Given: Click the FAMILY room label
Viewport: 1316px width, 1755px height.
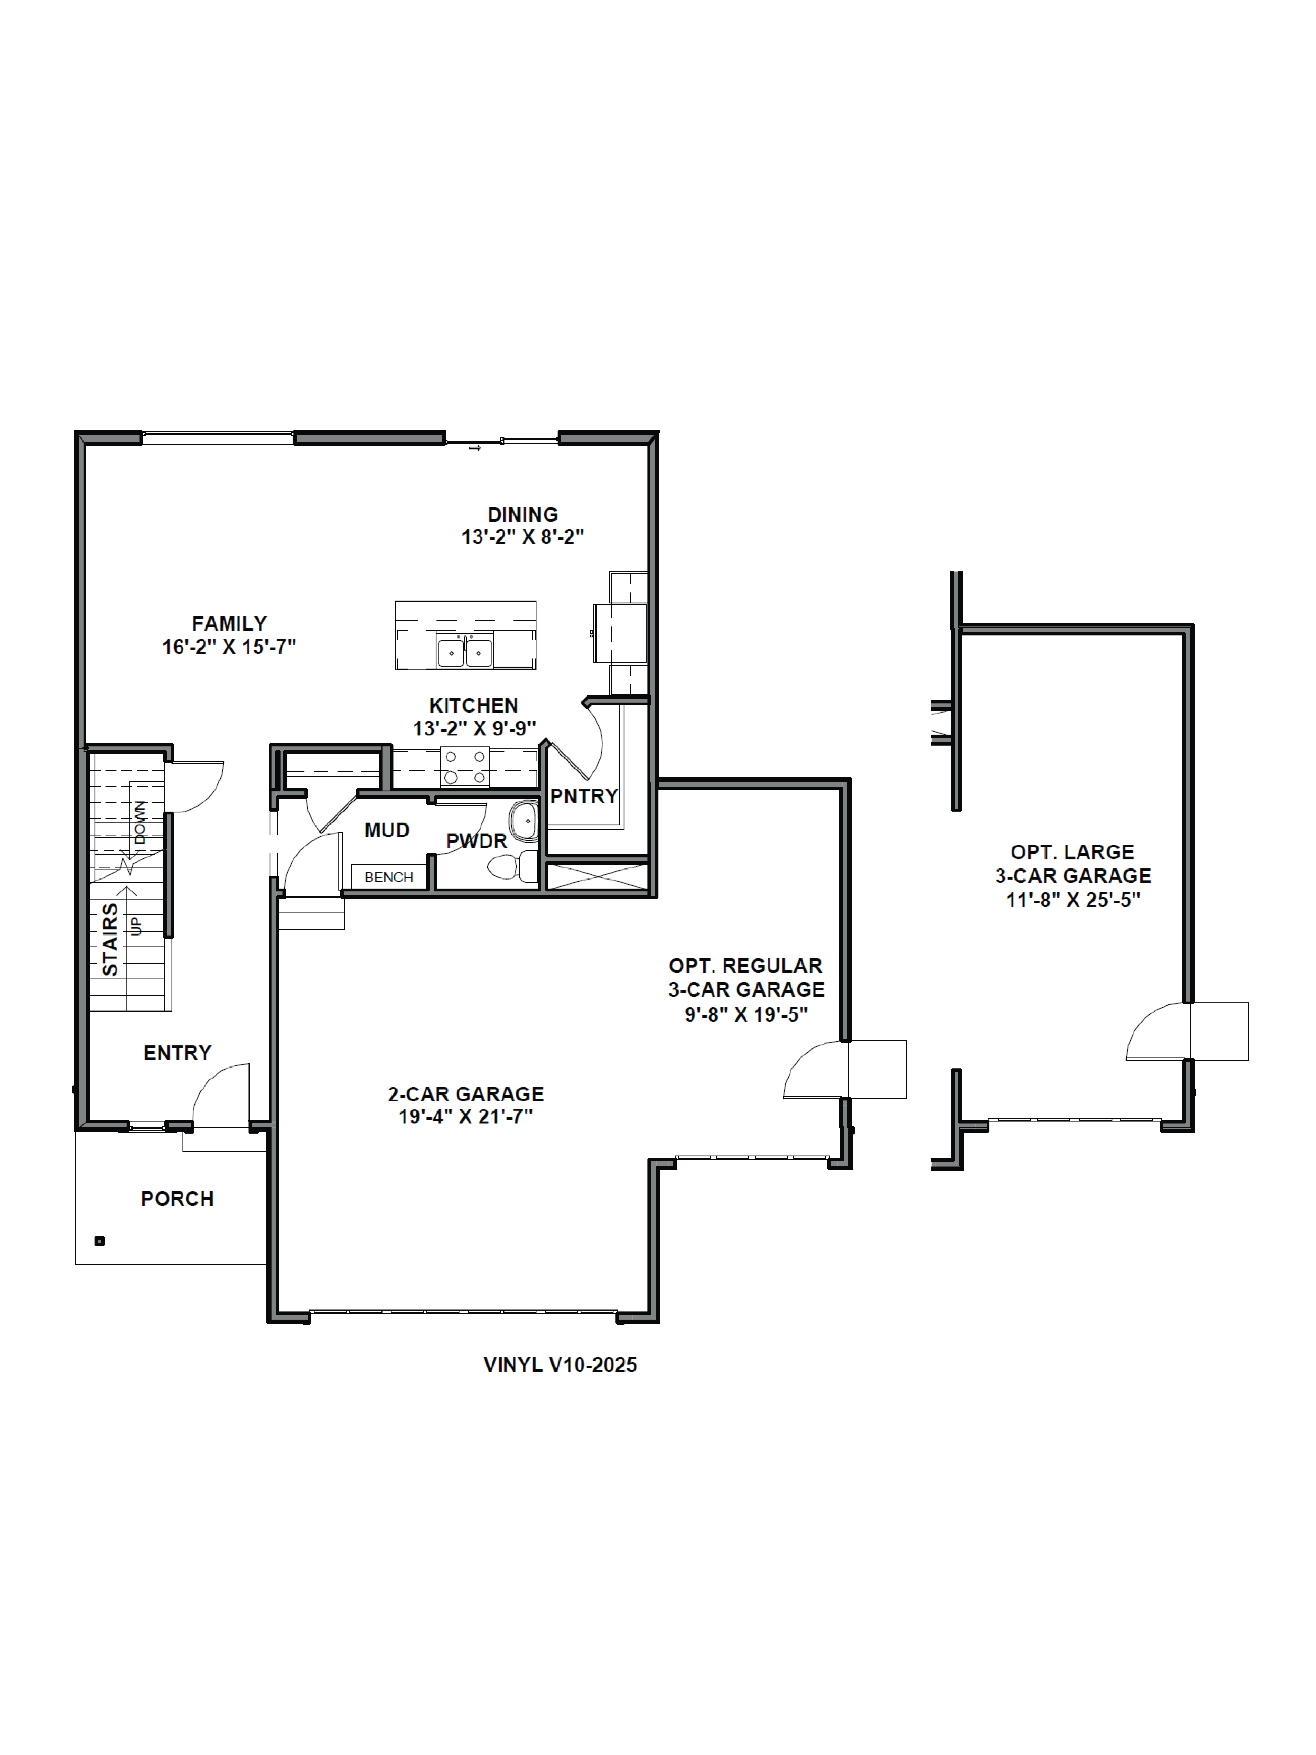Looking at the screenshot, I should pos(229,624).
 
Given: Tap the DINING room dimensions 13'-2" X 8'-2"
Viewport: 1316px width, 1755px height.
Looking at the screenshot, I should pos(523,537).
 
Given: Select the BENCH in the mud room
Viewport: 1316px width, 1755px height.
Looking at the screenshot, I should pos(389,877).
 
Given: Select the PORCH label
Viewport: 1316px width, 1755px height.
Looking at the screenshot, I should pos(178,1199).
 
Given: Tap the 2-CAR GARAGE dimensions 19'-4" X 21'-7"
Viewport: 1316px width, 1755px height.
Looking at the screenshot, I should pos(466,1116).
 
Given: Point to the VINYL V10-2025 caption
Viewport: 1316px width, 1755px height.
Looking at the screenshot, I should pos(560,1365).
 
